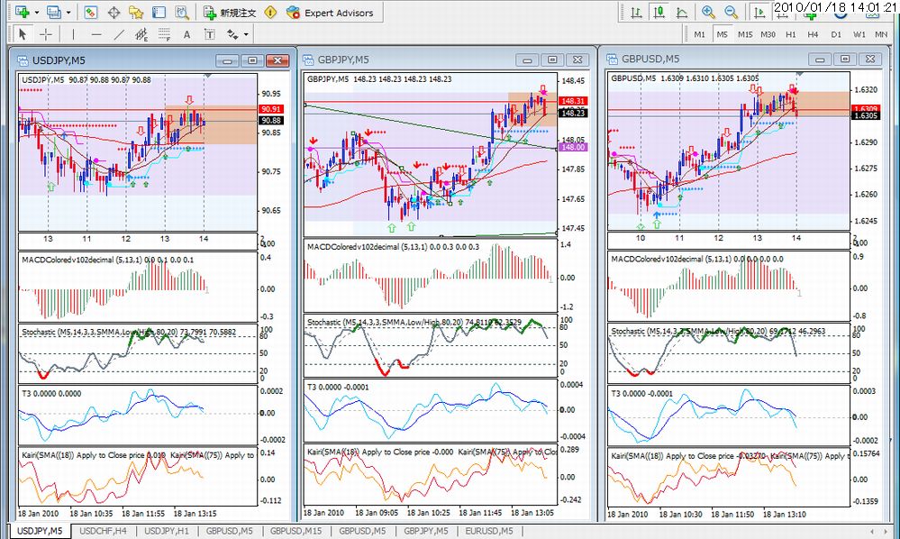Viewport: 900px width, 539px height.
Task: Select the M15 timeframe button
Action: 745,34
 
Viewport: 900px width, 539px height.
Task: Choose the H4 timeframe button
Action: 814,34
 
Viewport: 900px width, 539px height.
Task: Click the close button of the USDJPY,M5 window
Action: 277,60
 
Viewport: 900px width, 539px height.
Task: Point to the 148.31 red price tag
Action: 574,101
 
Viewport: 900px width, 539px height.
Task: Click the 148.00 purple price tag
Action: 574,146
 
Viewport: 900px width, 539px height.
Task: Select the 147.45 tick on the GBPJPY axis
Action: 573,229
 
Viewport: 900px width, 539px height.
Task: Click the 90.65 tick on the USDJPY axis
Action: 270,211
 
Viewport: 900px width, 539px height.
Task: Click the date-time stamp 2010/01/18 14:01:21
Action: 834,7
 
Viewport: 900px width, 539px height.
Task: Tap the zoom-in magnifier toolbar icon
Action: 708,13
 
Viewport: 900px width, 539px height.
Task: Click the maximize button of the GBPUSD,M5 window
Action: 844,59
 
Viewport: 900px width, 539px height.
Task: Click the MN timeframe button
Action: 881,34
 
